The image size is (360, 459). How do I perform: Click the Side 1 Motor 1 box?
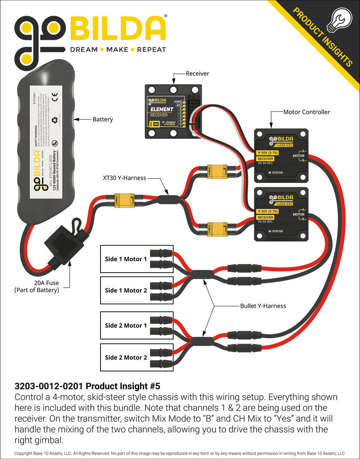(x=126, y=259)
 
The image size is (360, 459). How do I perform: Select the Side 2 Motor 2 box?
(x=126, y=357)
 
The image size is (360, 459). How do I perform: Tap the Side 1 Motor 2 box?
(x=126, y=291)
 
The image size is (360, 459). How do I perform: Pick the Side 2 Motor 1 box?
(x=126, y=325)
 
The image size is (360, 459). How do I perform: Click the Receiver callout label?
(x=197, y=73)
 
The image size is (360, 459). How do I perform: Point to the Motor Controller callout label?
(x=306, y=112)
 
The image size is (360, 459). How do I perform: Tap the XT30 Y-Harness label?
(x=124, y=178)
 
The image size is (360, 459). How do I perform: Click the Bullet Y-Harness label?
(x=263, y=306)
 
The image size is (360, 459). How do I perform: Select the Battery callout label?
(x=103, y=120)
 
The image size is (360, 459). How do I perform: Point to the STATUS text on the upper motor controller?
(x=277, y=173)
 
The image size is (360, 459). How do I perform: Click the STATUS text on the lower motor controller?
(x=277, y=231)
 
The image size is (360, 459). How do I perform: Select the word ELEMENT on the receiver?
(x=162, y=109)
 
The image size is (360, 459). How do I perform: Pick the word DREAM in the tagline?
(x=83, y=49)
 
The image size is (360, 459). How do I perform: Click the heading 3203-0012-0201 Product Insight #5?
(x=87, y=386)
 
